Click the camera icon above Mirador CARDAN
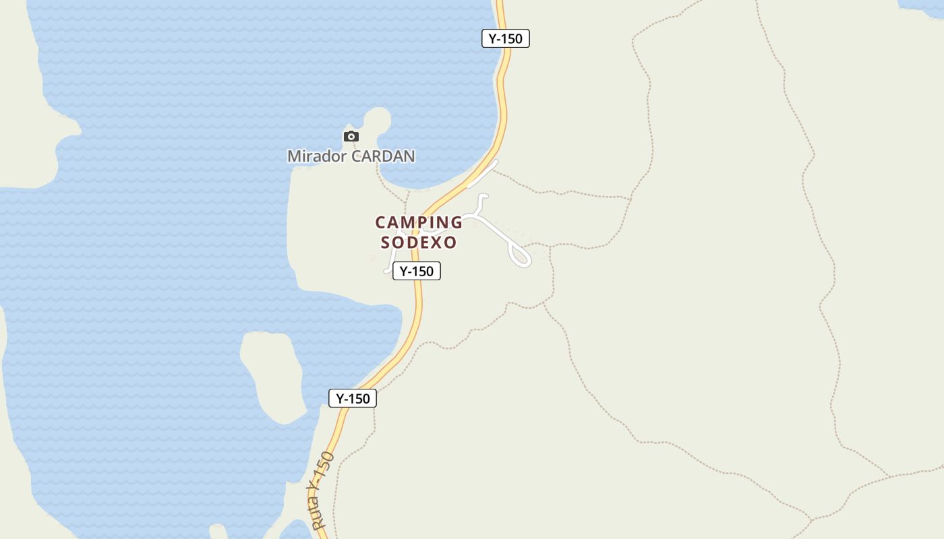351,137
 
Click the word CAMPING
419,222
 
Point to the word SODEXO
419,243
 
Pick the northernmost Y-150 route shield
506,38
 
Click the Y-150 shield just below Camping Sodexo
417,271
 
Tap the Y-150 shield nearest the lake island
353,398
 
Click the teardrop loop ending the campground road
521,256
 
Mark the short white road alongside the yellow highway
483,174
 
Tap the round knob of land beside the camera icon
377,120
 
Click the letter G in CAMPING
456,222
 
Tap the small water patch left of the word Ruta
295,530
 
